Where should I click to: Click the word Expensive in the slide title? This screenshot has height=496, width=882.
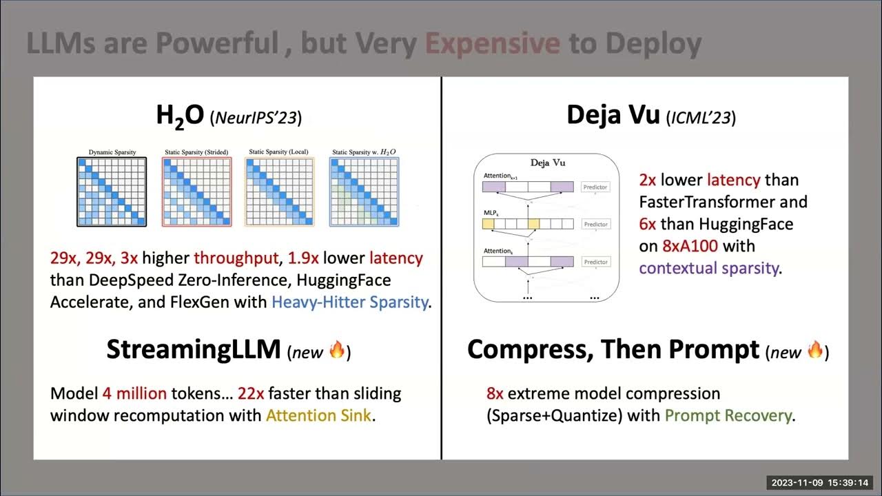(x=492, y=43)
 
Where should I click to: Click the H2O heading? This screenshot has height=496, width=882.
(x=180, y=116)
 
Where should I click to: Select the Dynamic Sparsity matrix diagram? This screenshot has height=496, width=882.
(x=111, y=192)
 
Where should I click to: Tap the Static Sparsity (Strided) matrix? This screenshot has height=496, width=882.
(x=196, y=192)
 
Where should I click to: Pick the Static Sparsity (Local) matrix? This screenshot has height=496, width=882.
(x=279, y=192)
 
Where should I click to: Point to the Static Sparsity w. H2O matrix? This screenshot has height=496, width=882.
(x=364, y=192)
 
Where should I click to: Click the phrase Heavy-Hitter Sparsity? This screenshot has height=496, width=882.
(x=349, y=302)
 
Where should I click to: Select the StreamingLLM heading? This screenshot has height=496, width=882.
(x=193, y=350)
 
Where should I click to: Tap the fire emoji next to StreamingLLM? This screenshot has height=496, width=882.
(x=336, y=351)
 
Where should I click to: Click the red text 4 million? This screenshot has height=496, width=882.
(x=134, y=394)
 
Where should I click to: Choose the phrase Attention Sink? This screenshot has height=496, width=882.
(x=318, y=416)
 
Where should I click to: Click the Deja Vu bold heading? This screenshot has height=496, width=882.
(x=613, y=115)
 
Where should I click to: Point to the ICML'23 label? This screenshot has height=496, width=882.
(x=701, y=118)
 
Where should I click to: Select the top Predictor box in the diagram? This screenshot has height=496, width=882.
(x=596, y=187)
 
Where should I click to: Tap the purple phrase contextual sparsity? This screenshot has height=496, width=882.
(x=709, y=268)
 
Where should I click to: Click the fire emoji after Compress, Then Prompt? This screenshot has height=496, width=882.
(x=814, y=351)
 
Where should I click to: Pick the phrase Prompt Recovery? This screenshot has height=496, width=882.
(x=728, y=416)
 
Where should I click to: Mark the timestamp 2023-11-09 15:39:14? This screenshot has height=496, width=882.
(x=819, y=482)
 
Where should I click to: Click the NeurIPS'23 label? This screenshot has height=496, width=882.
(x=256, y=118)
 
